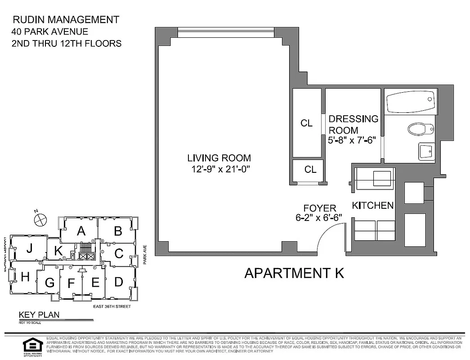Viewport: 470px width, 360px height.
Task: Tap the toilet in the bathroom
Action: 420,130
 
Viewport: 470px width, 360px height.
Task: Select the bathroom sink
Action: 425,152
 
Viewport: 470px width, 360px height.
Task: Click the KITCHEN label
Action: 372,206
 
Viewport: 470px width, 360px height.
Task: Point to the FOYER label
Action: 320,208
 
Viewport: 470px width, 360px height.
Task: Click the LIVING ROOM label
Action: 219,158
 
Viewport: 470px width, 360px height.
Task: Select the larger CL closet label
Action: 307,123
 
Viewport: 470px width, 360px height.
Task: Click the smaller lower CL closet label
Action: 310,169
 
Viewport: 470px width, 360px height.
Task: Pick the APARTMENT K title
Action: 294,273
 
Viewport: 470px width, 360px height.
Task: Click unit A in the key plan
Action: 81,231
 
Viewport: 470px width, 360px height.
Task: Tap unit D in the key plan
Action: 119,282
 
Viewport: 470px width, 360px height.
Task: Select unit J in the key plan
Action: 29,248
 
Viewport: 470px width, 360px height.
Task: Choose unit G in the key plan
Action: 49,283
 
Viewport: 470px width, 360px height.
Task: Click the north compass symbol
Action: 40,219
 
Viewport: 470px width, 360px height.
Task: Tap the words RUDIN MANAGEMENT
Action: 66,20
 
